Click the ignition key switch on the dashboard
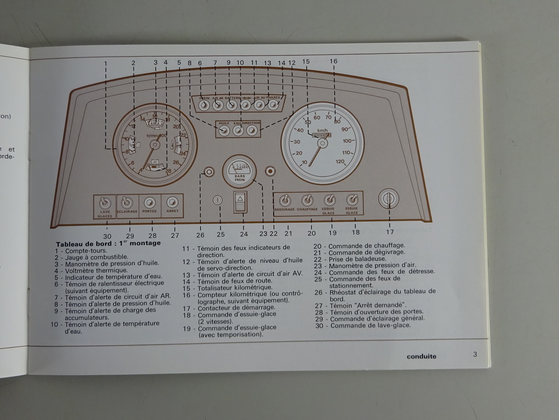click(x=389, y=199)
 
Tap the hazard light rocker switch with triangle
click(x=240, y=202)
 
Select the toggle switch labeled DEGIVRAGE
click(x=285, y=201)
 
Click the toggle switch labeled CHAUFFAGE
click(x=307, y=200)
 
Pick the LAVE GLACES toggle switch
click(x=105, y=203)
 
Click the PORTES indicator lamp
click(x=150, y=203)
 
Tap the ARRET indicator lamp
click(x=172, y=202)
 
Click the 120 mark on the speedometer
click(x=340, y=161)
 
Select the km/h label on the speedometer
click(x=322, y=130)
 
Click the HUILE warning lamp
click(x=224, y=131)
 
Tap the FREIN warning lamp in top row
click(x=204, y=105)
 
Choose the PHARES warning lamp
click(x=273, y=105)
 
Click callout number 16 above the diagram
click(x=334, y=61)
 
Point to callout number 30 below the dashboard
click(x=107, y=236)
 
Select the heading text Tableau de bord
click(x=84, y=244)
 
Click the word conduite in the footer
click(x=421, y=356)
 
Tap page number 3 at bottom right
click(x=475, y=354)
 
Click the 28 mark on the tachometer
click(x=168, y=171)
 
